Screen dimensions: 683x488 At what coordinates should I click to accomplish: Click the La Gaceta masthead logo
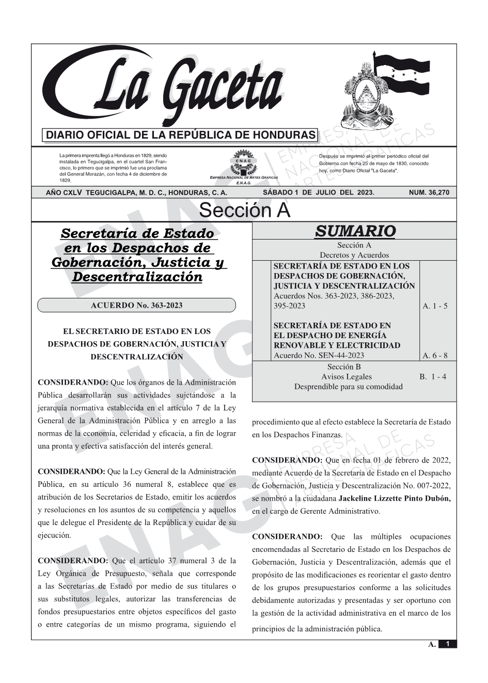[165, 88]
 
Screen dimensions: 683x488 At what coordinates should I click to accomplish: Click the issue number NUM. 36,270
[429, 193]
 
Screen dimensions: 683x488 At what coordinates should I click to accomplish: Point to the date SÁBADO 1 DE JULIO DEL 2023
[319, 193]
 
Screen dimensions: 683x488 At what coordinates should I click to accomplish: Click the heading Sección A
[244, 211]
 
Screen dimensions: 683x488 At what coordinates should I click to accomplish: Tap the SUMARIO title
[355, 231]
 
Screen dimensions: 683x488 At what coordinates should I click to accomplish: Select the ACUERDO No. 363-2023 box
[136, 305]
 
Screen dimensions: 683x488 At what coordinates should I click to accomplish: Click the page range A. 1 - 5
[435, 306]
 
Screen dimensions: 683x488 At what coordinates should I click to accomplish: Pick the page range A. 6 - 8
[435, 355]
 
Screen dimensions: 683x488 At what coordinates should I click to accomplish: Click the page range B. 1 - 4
[433, 377]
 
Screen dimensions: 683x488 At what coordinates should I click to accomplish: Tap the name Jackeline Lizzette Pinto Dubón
[395, 499]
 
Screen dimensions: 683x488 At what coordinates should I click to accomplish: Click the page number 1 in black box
[448, 644]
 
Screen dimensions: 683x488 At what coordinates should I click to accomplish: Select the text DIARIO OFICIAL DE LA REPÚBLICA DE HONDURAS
[181, 135]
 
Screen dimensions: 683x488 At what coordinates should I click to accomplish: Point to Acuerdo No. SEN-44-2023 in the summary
[319, 355]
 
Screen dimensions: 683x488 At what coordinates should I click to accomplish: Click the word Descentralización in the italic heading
[137, 277]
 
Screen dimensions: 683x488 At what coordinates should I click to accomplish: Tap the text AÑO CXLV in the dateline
[64, 193]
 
